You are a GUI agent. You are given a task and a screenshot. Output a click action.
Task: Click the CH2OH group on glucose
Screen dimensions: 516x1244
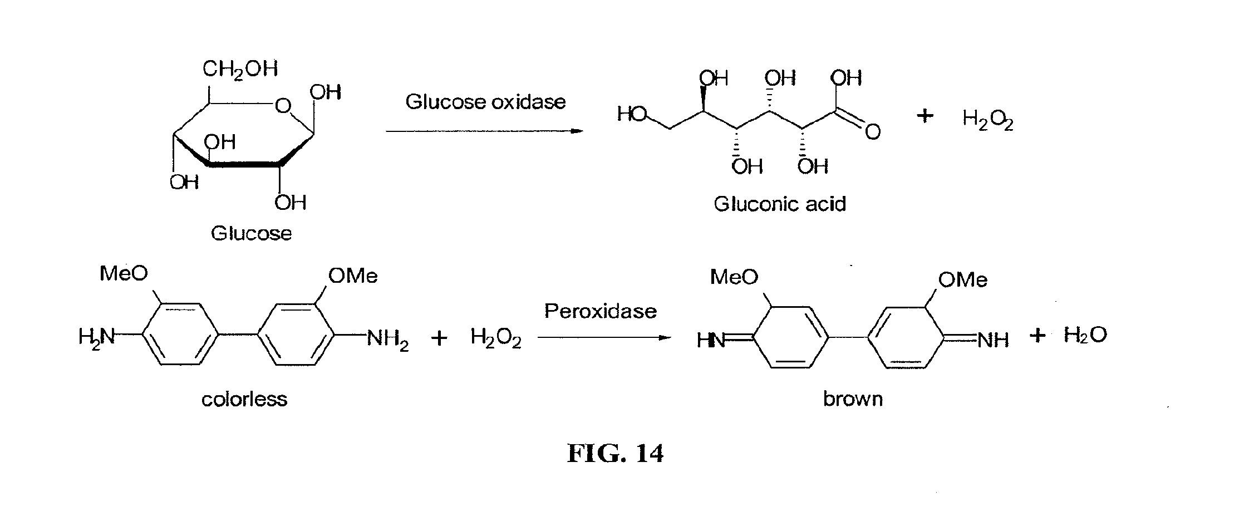coord(239,70)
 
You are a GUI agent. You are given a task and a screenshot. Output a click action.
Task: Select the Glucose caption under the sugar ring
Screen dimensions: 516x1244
coord(251,233)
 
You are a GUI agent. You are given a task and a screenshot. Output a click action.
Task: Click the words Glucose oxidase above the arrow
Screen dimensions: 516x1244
coord(485,102)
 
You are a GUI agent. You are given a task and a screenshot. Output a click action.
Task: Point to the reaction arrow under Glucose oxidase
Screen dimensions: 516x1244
coord(484,131)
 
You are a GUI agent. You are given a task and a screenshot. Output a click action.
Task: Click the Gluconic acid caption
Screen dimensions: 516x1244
coord(780,204)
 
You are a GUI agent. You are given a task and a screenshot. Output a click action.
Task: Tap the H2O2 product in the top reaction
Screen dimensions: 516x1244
coord(988,119)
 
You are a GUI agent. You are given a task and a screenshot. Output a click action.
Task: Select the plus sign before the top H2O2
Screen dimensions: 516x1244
coord(925,116)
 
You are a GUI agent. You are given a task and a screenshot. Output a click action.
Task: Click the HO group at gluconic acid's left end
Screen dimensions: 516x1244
coord(632,115)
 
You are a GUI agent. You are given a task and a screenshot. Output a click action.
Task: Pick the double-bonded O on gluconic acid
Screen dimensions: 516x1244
coord(873,132)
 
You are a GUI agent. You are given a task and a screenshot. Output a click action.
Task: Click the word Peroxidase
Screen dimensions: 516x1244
coord(600,311)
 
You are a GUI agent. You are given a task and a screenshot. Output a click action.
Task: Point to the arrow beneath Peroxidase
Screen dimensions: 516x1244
coord(604,337)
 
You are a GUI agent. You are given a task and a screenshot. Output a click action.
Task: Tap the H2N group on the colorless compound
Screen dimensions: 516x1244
coord(96,337)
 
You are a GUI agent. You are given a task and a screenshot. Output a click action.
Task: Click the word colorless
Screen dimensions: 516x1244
coord(244,399)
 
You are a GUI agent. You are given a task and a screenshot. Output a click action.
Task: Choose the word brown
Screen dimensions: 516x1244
coord(853,399)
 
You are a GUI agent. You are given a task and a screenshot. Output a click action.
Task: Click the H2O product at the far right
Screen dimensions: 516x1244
coord(1085,335)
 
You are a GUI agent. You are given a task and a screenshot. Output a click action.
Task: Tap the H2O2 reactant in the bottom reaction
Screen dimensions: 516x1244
coord(495,337)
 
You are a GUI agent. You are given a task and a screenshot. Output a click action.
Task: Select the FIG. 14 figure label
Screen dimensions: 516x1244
coord(615,454)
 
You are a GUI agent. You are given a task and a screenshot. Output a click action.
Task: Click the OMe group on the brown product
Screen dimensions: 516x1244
coord(962,279)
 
